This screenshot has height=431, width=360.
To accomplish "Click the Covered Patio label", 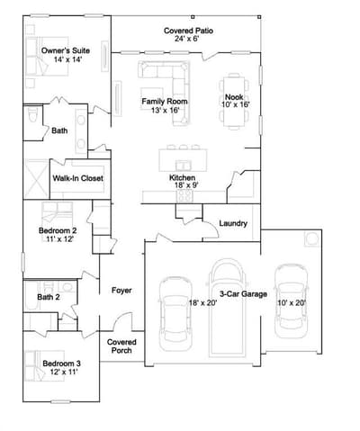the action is (188, 31).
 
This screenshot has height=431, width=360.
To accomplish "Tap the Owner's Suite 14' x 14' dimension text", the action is (68, 59).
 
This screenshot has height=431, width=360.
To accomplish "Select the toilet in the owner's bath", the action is (32, 114).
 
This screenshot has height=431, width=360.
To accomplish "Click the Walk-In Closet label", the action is (77, 178).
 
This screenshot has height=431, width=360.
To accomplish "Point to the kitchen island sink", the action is (184, 165).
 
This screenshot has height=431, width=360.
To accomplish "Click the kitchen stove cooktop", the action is (184, 196).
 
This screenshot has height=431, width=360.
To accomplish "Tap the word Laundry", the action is (233, 223).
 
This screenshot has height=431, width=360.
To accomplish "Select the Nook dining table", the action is (234, 102).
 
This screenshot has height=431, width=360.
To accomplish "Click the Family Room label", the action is (165, 102).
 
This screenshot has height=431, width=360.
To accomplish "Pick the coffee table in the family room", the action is (152, 98).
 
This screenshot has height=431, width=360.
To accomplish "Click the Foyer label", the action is (121, 291).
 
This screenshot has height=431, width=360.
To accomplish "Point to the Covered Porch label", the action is (121, 346).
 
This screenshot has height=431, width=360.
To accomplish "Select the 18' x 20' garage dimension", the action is (202, 303).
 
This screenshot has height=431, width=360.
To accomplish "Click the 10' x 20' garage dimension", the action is (292, 303).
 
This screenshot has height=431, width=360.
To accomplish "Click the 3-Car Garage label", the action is (243, 294).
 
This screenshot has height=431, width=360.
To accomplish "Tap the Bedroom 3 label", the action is (61, 364).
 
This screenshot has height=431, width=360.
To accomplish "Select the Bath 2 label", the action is (49, 297).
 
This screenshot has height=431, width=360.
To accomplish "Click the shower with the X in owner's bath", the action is (36, 179).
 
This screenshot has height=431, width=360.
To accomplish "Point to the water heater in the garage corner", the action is (311, 239).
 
